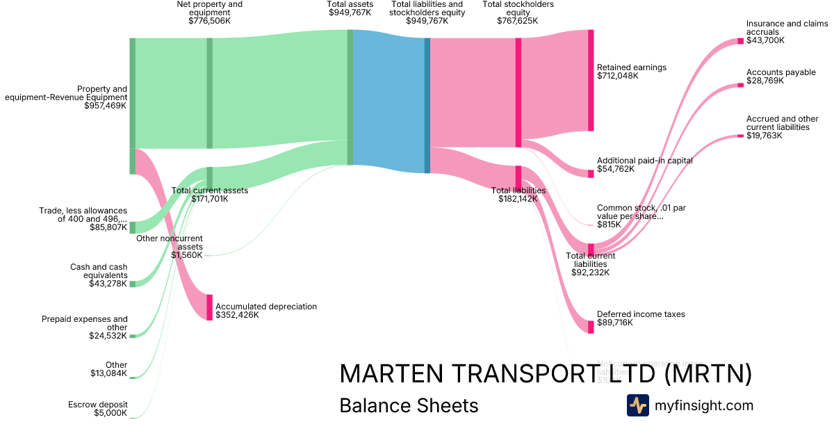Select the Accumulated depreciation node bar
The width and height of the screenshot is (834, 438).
pos(209,307)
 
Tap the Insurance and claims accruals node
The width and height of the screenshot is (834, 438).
pos(741,41)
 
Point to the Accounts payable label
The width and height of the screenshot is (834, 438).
pos(780,72)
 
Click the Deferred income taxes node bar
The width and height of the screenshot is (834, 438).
pos(591,327)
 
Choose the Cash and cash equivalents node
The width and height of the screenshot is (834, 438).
pos(133,284)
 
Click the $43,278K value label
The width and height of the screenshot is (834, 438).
pos(108,284)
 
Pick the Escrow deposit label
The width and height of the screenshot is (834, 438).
pos(97,405)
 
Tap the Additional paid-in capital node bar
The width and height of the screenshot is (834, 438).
pos(591,174)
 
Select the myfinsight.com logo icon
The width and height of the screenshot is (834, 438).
pos(637,405)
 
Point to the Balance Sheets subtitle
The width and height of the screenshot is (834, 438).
pos(409,405)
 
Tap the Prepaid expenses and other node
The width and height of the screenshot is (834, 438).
pos(133,336)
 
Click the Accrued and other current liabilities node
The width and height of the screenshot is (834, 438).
pos(741,136)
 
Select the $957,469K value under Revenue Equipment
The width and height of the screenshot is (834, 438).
pos(105,106)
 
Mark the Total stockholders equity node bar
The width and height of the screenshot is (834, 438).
pos(518,92)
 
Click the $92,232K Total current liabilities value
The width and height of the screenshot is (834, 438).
pos(590,273)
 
